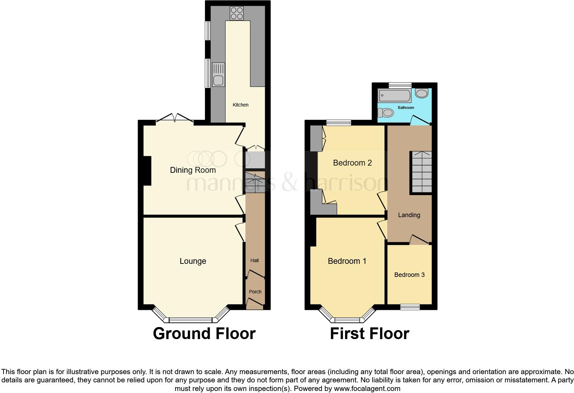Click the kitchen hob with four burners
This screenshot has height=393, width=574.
pyautogui.click(x=237, y=13)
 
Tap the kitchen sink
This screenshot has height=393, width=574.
pyautogui.click(x=218, y=75)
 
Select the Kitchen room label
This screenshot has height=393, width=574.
pyautogui.click(x=241, y=105)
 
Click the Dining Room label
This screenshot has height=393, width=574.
pyautogui.click(x=193, y=170)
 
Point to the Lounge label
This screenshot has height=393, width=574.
pyautogui.click(x=193, y=261)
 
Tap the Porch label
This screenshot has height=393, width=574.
pyautogui.click(x=255, y=292)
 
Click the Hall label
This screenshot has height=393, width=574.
pyautogui.click(x=254, y=260)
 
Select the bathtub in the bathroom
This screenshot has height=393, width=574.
pyautogui.click(x=394, y=96)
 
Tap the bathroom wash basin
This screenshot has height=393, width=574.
pyautogui.click(x=422, y=93)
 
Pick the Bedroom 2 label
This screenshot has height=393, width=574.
pyautogui.click(x=353, y=163)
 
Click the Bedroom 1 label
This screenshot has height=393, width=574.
pyautogui.click(x=347, y=261)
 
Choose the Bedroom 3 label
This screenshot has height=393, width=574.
pyautogui.click(x=410, y=275)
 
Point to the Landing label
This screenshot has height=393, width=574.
pyautogui.click(x=409, y=215)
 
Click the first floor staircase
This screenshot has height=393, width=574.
pyautogui.click(x=422, y=172)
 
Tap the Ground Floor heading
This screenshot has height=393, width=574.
pyautogui.click(x=204, y=334)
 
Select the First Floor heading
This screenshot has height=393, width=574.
pyautogui.click(x=370, y=334)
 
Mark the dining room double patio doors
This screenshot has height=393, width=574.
pyautogui.click(x=175, y=119)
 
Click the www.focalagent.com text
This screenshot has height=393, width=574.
pyautogui.click(x=367, y=389)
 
